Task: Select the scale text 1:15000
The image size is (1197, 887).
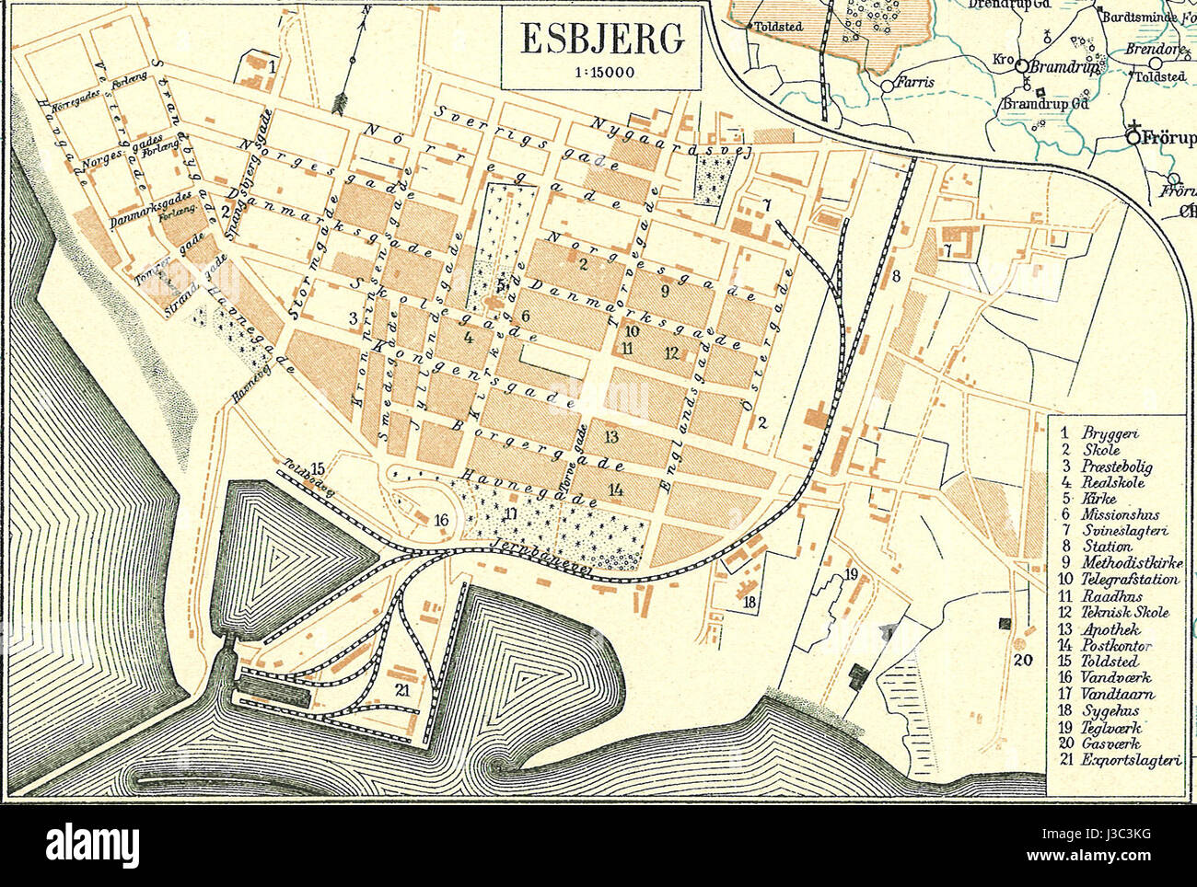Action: [601, 74]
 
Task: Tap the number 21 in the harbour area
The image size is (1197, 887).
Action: [401, 689]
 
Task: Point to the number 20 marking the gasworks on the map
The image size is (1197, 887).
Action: [1023, 660]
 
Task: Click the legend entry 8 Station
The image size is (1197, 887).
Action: [1095, 547]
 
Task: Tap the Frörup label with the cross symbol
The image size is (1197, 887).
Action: [1166, 138]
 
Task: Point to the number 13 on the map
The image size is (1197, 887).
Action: [610, 435]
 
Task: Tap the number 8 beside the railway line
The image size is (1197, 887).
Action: [894, 275]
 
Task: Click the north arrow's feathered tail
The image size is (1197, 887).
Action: [346, 98]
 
